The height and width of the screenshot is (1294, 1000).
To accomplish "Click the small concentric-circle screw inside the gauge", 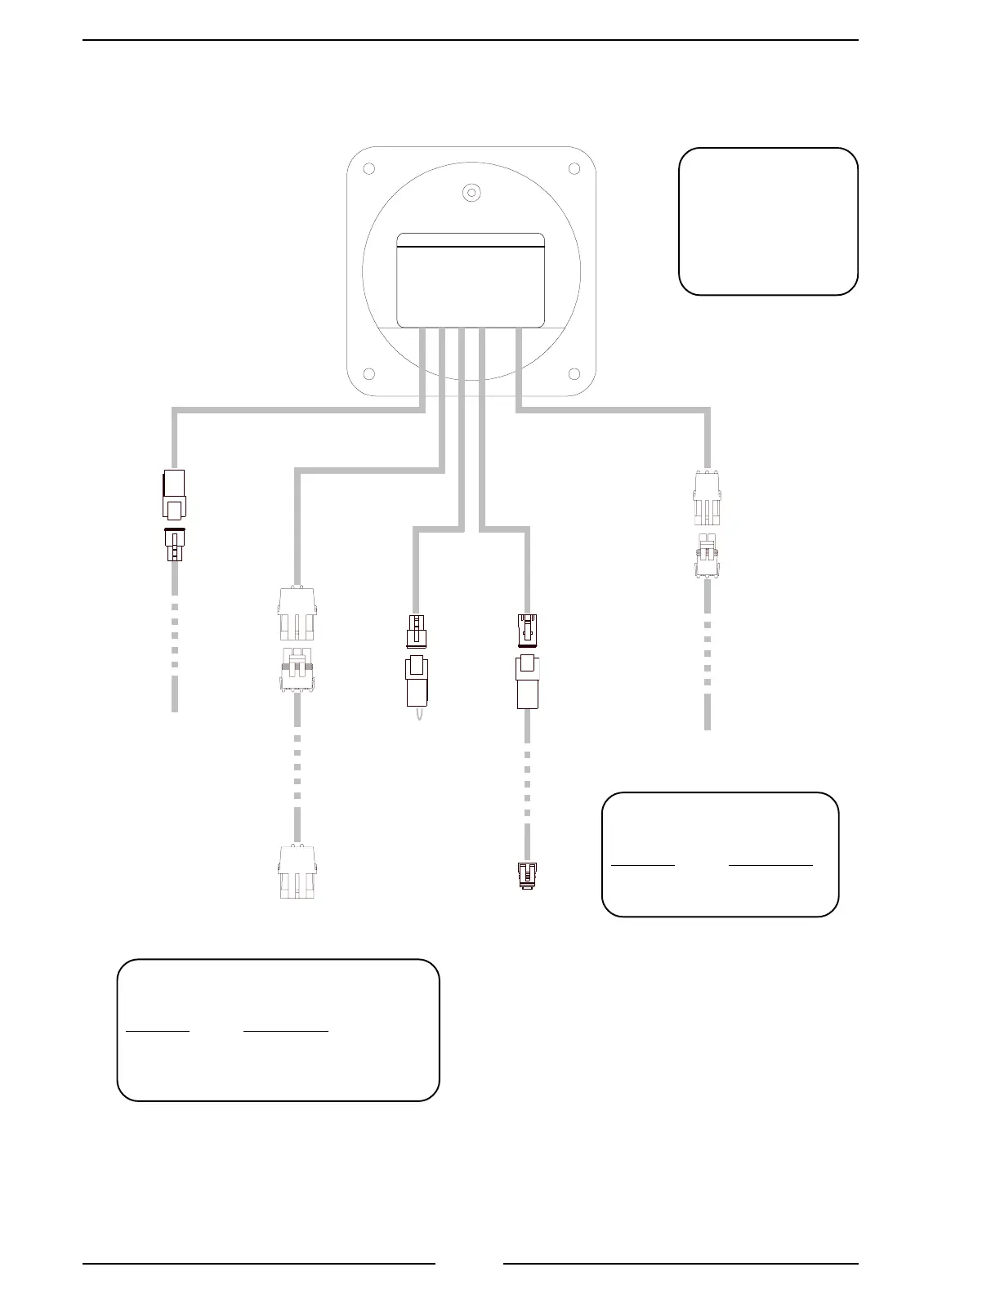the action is (471, 192).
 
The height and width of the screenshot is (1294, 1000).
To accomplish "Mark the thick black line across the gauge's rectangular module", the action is (471, 247).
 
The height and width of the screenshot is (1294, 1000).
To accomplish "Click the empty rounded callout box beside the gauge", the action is (768, 221).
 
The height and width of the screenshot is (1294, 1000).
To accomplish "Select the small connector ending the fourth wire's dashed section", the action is (528, 876).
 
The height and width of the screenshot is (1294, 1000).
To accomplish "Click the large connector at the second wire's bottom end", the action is (296, 872).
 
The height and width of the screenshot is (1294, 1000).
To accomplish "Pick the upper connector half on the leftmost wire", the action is (174, 496).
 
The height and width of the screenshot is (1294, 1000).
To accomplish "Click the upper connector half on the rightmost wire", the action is (707, 498).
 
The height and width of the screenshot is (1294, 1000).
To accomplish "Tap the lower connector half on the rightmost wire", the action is (707, 557).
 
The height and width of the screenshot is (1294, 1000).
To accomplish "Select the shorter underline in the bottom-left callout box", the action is (158, 1031).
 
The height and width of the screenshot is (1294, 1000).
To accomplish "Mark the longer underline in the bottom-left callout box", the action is (286, 1031).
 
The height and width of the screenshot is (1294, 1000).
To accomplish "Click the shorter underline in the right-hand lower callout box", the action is (643, 863).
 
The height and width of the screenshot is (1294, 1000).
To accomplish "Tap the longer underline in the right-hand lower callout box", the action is (770, 863).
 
